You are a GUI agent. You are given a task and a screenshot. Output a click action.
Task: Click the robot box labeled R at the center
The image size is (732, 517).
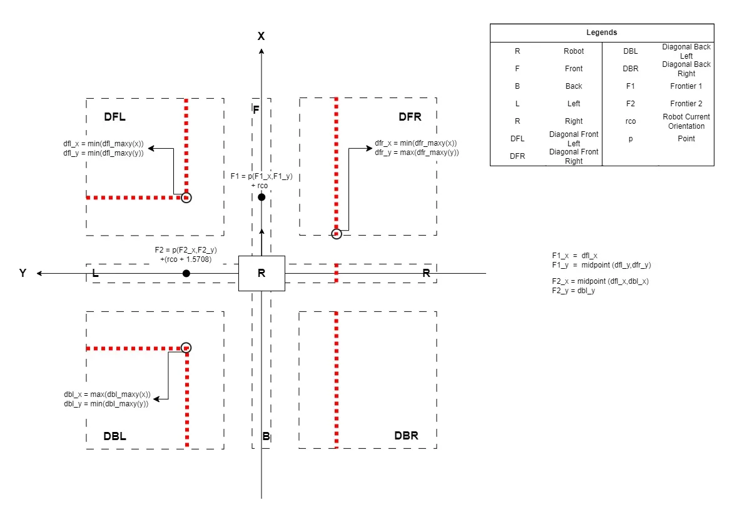point(262,273)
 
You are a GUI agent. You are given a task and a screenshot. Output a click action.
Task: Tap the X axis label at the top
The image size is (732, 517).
point(262,36)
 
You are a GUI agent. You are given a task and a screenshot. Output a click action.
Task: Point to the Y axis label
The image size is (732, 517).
point(23,273)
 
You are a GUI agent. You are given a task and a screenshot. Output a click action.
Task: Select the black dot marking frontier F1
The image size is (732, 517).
point(262,197)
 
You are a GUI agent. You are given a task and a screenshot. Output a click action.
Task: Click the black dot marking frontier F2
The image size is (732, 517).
point(186,274)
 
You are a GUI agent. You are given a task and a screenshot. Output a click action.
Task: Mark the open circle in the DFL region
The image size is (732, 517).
point(186,197)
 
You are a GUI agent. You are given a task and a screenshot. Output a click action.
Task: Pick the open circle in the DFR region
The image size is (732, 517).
point(337,234)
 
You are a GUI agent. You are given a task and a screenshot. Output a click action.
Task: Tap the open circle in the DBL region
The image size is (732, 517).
point(186,348)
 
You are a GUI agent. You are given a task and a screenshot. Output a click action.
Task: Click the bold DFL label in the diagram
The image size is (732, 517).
point(115,117)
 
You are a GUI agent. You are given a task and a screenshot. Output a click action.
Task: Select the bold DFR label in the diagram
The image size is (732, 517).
point(410,117)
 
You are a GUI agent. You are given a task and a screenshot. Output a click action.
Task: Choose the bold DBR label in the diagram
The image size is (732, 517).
point(406,436)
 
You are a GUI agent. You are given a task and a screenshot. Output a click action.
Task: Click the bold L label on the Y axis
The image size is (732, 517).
point(95,273)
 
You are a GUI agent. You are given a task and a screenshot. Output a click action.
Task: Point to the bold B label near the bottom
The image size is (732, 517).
point(266,437)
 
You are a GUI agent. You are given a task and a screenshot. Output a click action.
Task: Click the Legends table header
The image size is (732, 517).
point(601,33)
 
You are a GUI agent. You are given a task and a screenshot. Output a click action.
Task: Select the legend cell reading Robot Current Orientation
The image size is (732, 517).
point(686,121)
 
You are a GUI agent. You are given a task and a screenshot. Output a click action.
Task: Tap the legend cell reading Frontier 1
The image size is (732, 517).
point(686,86)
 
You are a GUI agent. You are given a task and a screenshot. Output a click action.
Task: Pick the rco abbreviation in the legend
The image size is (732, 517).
point(631,121)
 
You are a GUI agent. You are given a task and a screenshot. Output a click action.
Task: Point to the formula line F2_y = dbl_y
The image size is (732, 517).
point(573,291)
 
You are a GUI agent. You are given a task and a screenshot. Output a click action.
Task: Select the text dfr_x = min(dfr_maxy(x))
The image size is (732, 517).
point(415,143)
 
